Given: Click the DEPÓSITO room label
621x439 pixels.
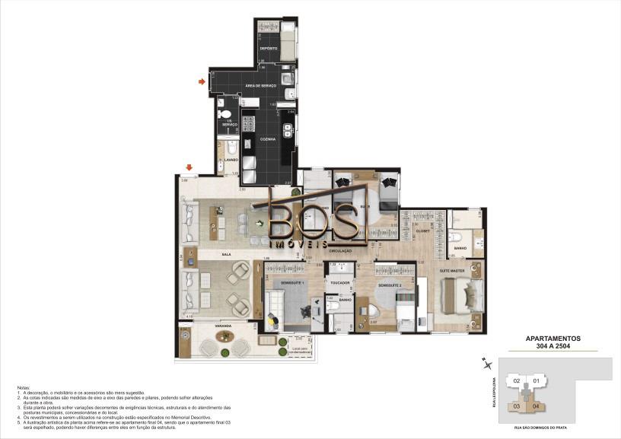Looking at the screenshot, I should [x=268, y=49].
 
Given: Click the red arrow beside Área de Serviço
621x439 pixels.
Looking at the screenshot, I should [x=202, y=81].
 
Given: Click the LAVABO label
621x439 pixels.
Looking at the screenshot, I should [x=231, y=160].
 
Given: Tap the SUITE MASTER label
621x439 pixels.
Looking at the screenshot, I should [x=452, y=270].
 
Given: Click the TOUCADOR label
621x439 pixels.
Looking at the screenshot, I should [x=339, y=282].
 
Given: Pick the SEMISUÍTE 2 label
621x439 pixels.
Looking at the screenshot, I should [x=390, y=285].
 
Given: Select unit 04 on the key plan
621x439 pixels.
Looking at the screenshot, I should [x=537, y=405].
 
